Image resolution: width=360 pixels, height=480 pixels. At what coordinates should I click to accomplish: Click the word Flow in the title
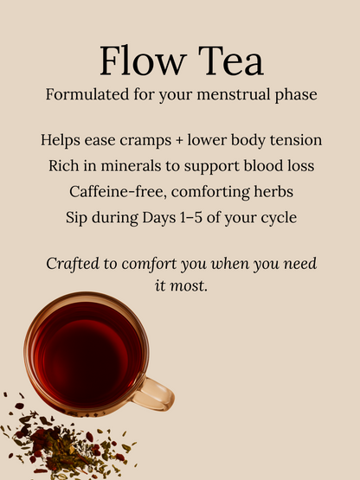143,61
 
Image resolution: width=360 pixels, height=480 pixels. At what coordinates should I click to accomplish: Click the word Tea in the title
231,61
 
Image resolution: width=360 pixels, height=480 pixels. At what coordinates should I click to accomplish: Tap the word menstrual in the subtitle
234,94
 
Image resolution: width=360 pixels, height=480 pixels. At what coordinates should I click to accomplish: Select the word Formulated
87,94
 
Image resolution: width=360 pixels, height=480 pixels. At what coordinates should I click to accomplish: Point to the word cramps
145,140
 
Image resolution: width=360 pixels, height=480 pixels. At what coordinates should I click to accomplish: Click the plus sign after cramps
179,141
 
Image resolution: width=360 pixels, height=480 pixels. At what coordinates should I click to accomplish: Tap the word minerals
131,166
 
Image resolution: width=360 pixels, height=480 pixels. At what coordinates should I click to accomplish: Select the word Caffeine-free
118,192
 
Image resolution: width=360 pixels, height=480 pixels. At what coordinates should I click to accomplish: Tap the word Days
159,218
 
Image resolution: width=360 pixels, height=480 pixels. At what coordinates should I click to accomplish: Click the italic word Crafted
73,264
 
